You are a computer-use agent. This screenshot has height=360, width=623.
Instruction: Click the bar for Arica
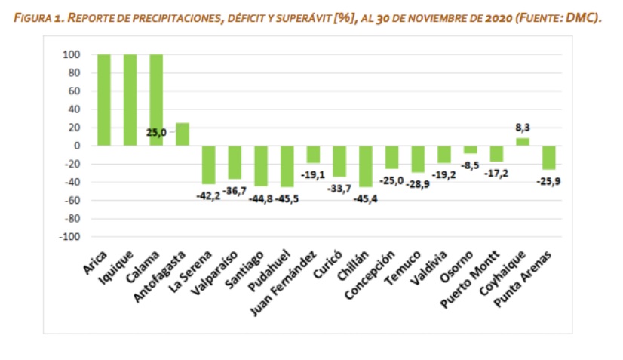click(x=104, y=100)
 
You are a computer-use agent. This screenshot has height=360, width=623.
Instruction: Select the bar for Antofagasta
click(x=183, y=134)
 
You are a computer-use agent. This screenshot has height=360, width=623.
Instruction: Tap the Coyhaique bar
click(x=523, y=142)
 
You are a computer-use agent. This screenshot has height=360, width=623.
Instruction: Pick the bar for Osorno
click(x=471, y=149)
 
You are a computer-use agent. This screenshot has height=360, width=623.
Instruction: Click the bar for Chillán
click(x=365, y=166)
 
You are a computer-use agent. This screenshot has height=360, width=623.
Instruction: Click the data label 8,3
click(x=523, y=128)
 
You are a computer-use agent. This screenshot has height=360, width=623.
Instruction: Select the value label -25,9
click(x=548, y=181)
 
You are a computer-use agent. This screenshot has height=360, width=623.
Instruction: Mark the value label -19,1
click(x=314, y=173)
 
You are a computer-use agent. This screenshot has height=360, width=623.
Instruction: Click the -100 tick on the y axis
click(x=69, y=237)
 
